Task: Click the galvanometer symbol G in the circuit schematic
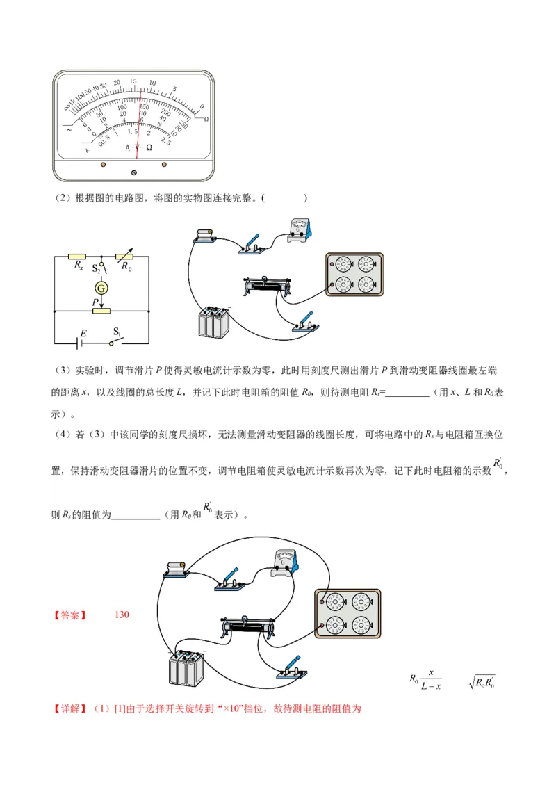click(101, 287)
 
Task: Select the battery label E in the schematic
click(83, 334)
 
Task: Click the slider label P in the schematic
click(95, 302)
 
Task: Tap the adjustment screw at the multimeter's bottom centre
click(134, 172)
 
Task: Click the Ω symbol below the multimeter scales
click(149, 148)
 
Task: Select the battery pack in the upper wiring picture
click(214, 322)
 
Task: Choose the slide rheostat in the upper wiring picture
click(269, 286)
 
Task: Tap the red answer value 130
click(122, 615)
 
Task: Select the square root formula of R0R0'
click(481, 682)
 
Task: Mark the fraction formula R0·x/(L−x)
click(425, 679)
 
